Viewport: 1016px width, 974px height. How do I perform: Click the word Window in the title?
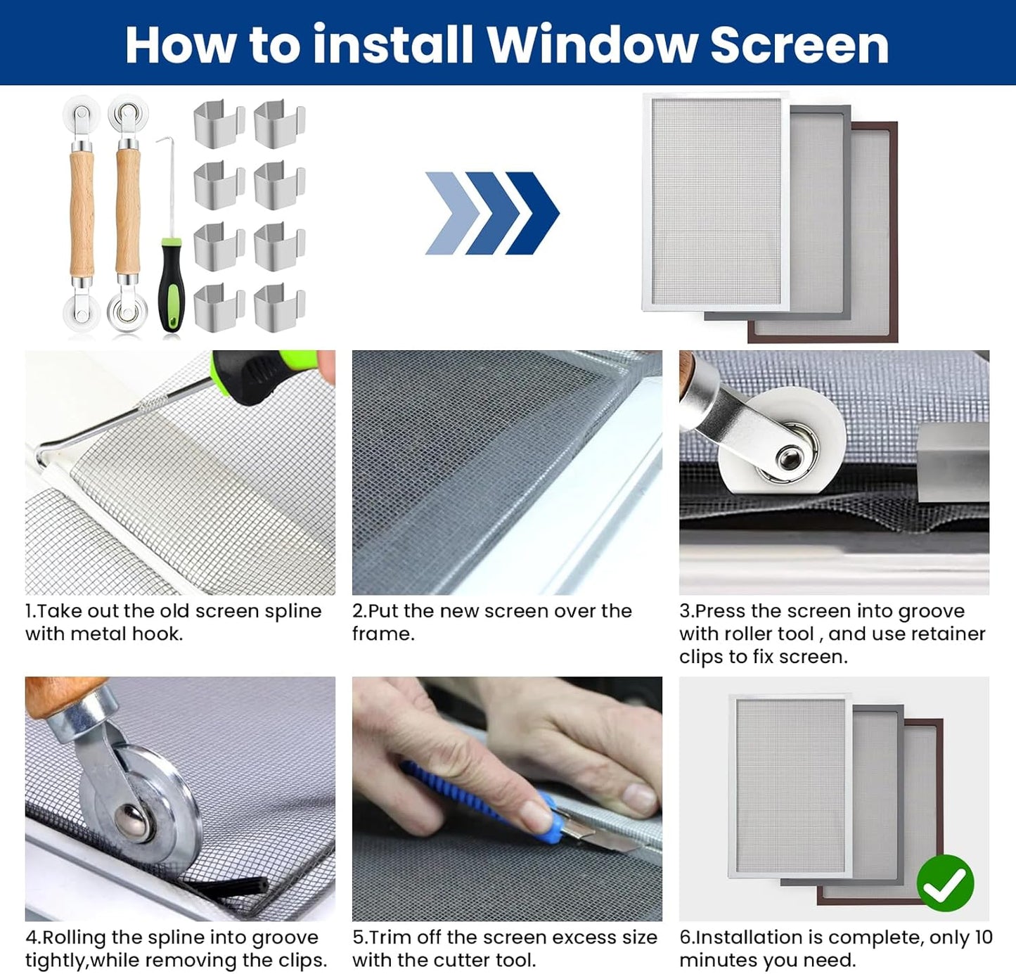[x=592, y=45]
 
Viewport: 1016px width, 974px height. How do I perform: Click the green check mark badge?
[x=945, y=883]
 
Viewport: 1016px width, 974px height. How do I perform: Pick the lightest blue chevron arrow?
[x=450, y=213]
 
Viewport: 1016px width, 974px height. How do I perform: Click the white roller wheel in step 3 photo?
[x=780, y=450]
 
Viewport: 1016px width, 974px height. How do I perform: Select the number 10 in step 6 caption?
[x=983, y=937]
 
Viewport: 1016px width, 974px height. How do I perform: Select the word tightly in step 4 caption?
[x=56, y=961]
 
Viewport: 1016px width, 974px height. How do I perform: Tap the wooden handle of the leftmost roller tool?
[x=82, y=211]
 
